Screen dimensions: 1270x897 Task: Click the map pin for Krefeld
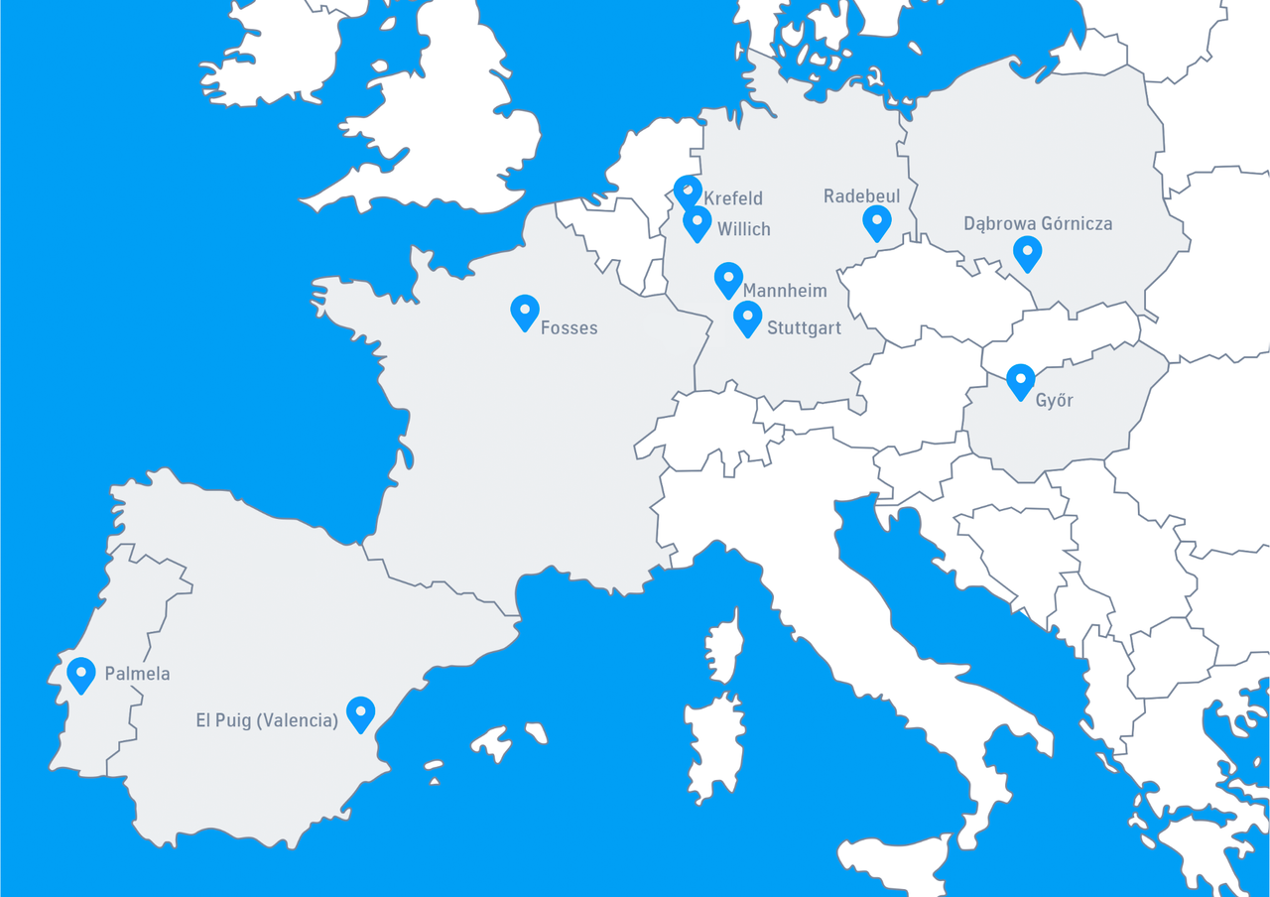687,191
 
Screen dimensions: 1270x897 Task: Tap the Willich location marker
698,223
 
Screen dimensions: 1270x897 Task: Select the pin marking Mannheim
728,279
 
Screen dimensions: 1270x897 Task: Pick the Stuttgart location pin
747,318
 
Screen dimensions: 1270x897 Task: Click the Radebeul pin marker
877,222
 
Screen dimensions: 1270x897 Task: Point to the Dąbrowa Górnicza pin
1027,252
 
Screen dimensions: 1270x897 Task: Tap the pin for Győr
1020,381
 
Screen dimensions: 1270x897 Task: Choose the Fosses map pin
525,312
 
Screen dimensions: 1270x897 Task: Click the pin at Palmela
81,674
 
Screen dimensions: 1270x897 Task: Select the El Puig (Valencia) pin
360,712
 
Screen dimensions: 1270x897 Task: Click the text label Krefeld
733,198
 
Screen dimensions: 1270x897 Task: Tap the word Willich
744,229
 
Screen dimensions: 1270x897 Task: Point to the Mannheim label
785,291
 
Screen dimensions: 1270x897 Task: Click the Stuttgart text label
805,328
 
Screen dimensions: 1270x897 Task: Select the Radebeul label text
861,196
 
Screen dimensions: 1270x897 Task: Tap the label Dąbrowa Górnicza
1038,224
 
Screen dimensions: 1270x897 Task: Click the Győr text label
1055,401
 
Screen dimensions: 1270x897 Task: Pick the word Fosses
569,327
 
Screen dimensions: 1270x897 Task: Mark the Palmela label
137,674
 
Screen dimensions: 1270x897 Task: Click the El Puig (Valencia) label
267,720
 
